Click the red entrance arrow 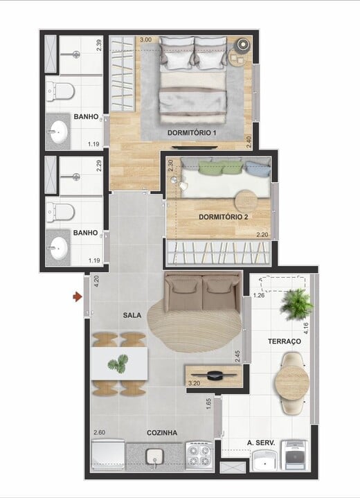click(76, 297)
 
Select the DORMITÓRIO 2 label click(224, 217)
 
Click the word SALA click(132, 315)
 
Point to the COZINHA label click(161, 433)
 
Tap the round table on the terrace click(289, 380)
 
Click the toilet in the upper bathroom click(61, 90)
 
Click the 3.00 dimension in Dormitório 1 click(145, 40)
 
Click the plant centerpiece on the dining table click(119, 363)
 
